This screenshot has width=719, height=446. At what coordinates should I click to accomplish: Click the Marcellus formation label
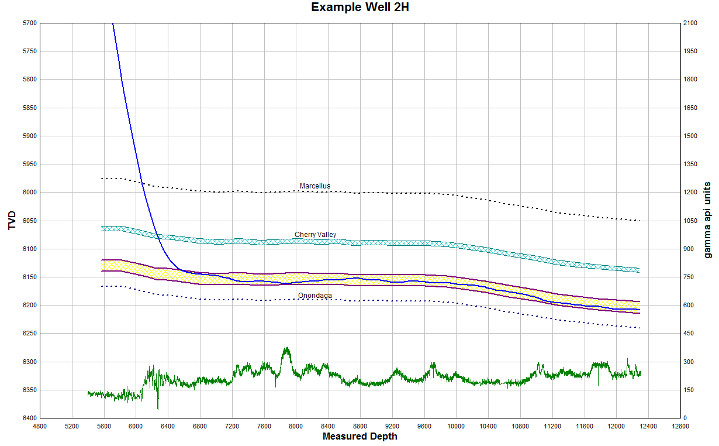315,186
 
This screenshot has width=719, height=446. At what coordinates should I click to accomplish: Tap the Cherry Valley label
315,235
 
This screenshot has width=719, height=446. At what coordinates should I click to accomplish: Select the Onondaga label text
314,296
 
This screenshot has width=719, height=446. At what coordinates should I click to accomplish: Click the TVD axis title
12,220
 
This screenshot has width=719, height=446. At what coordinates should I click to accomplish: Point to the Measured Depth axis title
359,437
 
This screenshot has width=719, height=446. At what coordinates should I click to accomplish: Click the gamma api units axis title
707,220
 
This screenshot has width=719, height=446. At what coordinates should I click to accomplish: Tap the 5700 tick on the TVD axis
29,23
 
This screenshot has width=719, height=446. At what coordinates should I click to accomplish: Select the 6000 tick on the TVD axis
29,193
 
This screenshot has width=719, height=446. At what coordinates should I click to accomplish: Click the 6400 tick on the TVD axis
29,418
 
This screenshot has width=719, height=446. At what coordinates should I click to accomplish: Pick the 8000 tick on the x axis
296,427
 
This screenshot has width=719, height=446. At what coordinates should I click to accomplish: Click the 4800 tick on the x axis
40,427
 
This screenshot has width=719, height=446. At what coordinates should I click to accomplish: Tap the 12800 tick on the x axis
680,427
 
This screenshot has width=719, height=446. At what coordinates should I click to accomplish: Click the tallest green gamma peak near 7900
286,348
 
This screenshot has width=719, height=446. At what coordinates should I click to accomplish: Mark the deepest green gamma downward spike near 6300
158,408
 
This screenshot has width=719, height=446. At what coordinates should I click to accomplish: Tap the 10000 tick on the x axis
456,427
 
